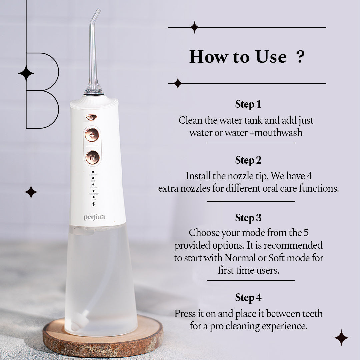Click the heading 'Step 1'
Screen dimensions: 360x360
pos(248,104)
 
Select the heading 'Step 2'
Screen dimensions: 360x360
pos(248,160)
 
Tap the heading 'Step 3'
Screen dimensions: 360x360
pos(248,218)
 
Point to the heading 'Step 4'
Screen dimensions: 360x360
pos(248,298)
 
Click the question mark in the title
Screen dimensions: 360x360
pos(300,57)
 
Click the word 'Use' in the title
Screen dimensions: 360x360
pos(271,57)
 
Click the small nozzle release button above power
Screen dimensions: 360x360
pos(91,117)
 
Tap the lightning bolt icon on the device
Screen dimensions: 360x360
pos(93,204)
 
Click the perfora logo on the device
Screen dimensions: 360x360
pos(94,217)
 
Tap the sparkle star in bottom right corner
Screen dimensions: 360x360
pos(341,338)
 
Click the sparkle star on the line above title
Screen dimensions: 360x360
pos(194,27)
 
